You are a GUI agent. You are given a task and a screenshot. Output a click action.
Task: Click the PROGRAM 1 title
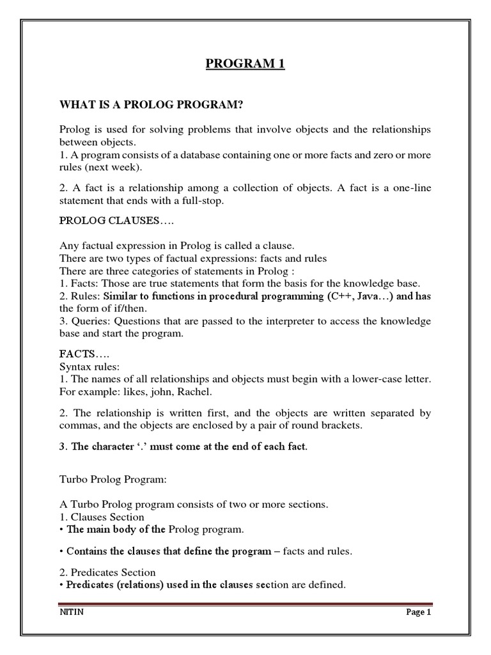coord(245,63)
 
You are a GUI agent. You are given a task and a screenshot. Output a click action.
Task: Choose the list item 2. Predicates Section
coord(107,572)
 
